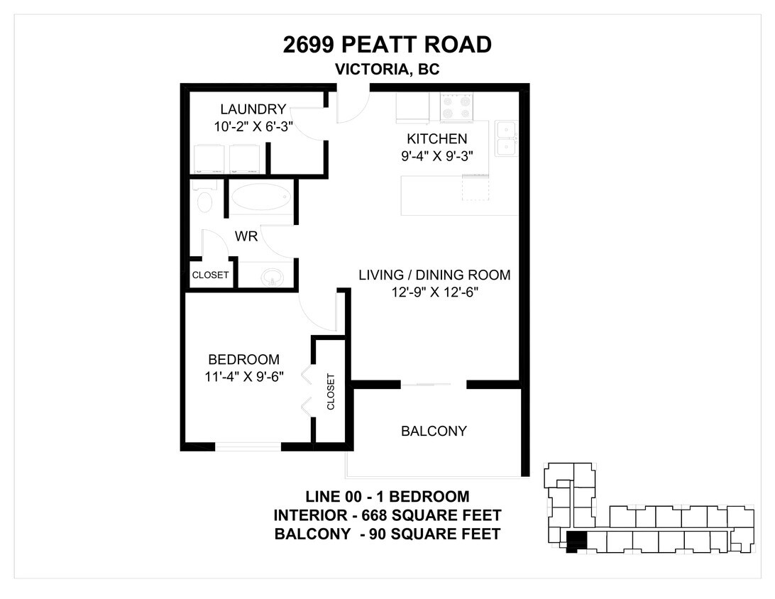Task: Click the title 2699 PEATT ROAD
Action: (x=387, y=45)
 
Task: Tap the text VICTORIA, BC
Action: (x=387, y=70)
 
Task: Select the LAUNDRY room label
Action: (x=253, y=109)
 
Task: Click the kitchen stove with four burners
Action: (x=457, y=109)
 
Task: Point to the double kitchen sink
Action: (x=506, y=138)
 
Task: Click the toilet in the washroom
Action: (x=204, y=199)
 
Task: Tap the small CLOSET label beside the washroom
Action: (x=211, y=275)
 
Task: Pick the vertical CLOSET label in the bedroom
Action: (x=331, y=392)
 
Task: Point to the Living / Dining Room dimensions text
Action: (x=434, y=292)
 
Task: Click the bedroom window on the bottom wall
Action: (x=248, y=447)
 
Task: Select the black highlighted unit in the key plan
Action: (x=577, y=541)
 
